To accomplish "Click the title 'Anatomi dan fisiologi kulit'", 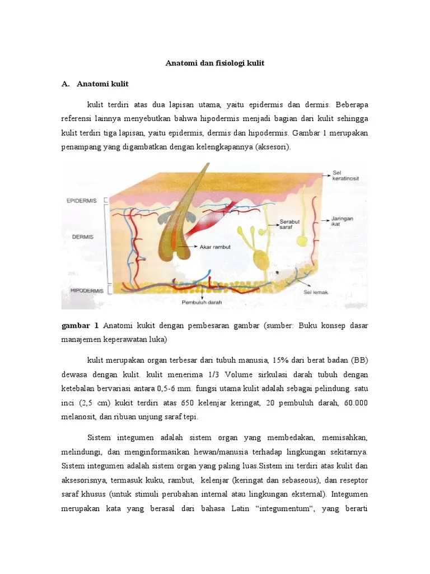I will tap(214, 63).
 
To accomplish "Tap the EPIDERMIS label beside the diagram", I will tap(81, 200).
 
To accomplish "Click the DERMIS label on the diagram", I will tap(82, 237).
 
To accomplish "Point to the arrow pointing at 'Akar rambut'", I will tap(188, 246).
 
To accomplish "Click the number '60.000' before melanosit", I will tap(354, 403).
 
